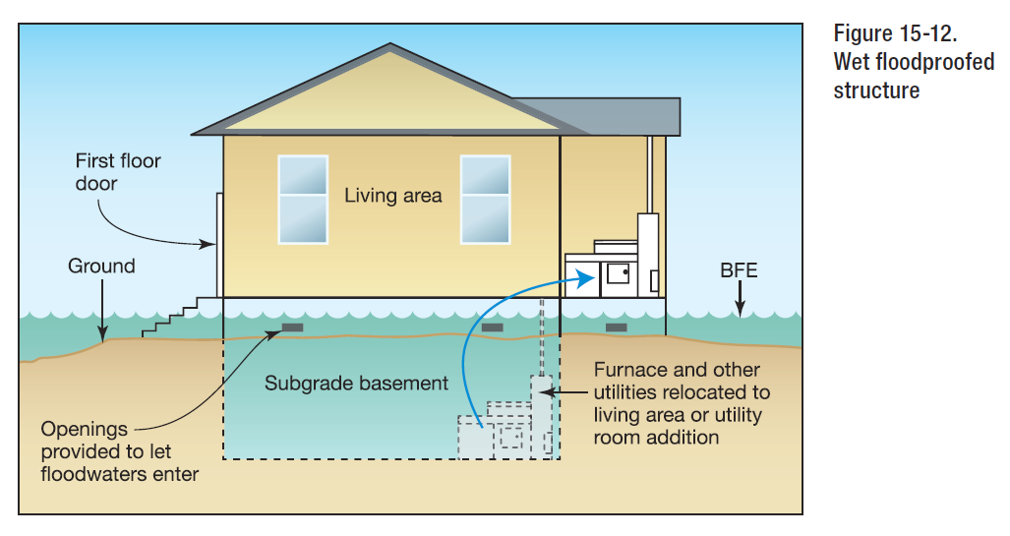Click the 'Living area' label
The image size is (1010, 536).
pos(393,195)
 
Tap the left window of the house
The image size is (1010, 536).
pos(303,200)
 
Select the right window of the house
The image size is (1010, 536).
pos(485,200)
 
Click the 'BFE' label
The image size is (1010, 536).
pos(739,269)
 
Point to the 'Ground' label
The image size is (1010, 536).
pos(101,267)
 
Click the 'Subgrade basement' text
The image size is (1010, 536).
pos(356,384)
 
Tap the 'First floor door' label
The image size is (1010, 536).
pos(118,172)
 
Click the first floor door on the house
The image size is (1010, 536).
pos(219,245)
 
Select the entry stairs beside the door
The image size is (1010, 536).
pos(179,317)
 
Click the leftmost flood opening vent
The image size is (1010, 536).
pos(292,328)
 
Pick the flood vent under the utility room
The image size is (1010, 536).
pos(617,328)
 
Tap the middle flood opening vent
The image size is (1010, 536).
pos(492,328)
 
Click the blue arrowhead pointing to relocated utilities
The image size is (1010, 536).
pos(585,279)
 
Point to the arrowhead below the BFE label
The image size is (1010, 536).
pos(741,311)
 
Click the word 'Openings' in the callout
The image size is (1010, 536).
pos(84,429)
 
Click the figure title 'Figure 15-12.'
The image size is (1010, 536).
pos(895,33)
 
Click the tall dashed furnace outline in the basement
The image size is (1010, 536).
pos(542,417)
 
